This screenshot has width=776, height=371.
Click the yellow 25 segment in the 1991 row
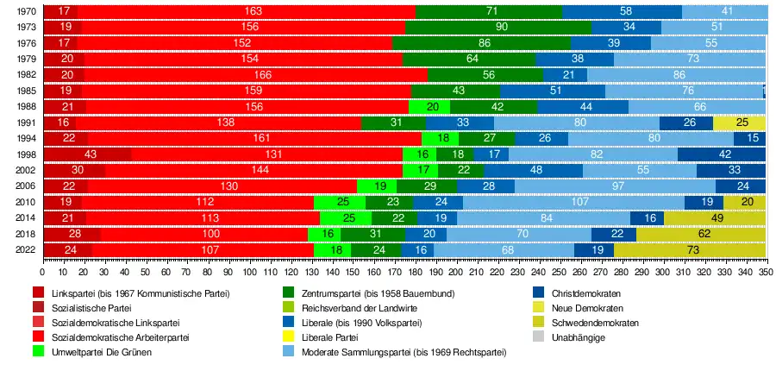pyautogui.click(x=739, y=123)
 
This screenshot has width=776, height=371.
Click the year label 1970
pyautogui.click(x=25, y=12)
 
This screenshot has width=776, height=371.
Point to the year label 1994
pyautogui.click(x=25, y=139)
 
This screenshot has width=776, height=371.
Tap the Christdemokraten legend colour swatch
pyautogui.click(x=538, y=293)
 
